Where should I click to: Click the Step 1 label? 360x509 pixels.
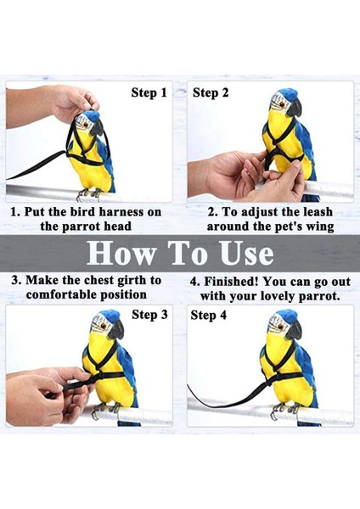pos(149,92)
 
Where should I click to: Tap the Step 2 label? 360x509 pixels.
pos(211,92)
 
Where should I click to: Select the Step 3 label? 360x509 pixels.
pos(149,314)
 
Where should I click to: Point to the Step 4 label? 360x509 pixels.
pos(208,315)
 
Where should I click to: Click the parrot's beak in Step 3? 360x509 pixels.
pos(116,329)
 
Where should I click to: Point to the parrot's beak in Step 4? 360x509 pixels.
pos(295,331)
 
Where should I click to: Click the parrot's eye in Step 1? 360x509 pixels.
pos(86,125)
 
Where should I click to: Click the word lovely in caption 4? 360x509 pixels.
pos(275,296)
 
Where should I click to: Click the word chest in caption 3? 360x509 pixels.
pos(98,281)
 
